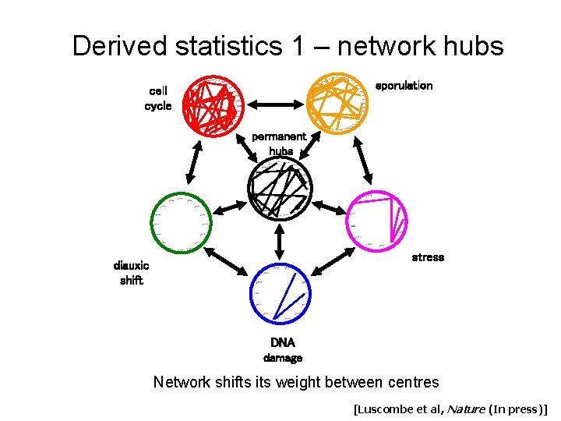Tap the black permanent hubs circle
(x=278, y=188)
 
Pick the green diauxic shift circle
(x=181, y=221)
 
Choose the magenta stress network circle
(x=377, y=221)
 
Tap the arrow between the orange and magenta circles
(x=362, y=162)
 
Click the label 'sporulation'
(x=404, y=85)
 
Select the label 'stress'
(x=428, y=256)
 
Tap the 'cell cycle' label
(x=157, y=98)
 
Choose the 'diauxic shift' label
(x=131, y=273)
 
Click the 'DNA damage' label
(x=282, y=350)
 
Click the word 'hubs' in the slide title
(x=470, y=46)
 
